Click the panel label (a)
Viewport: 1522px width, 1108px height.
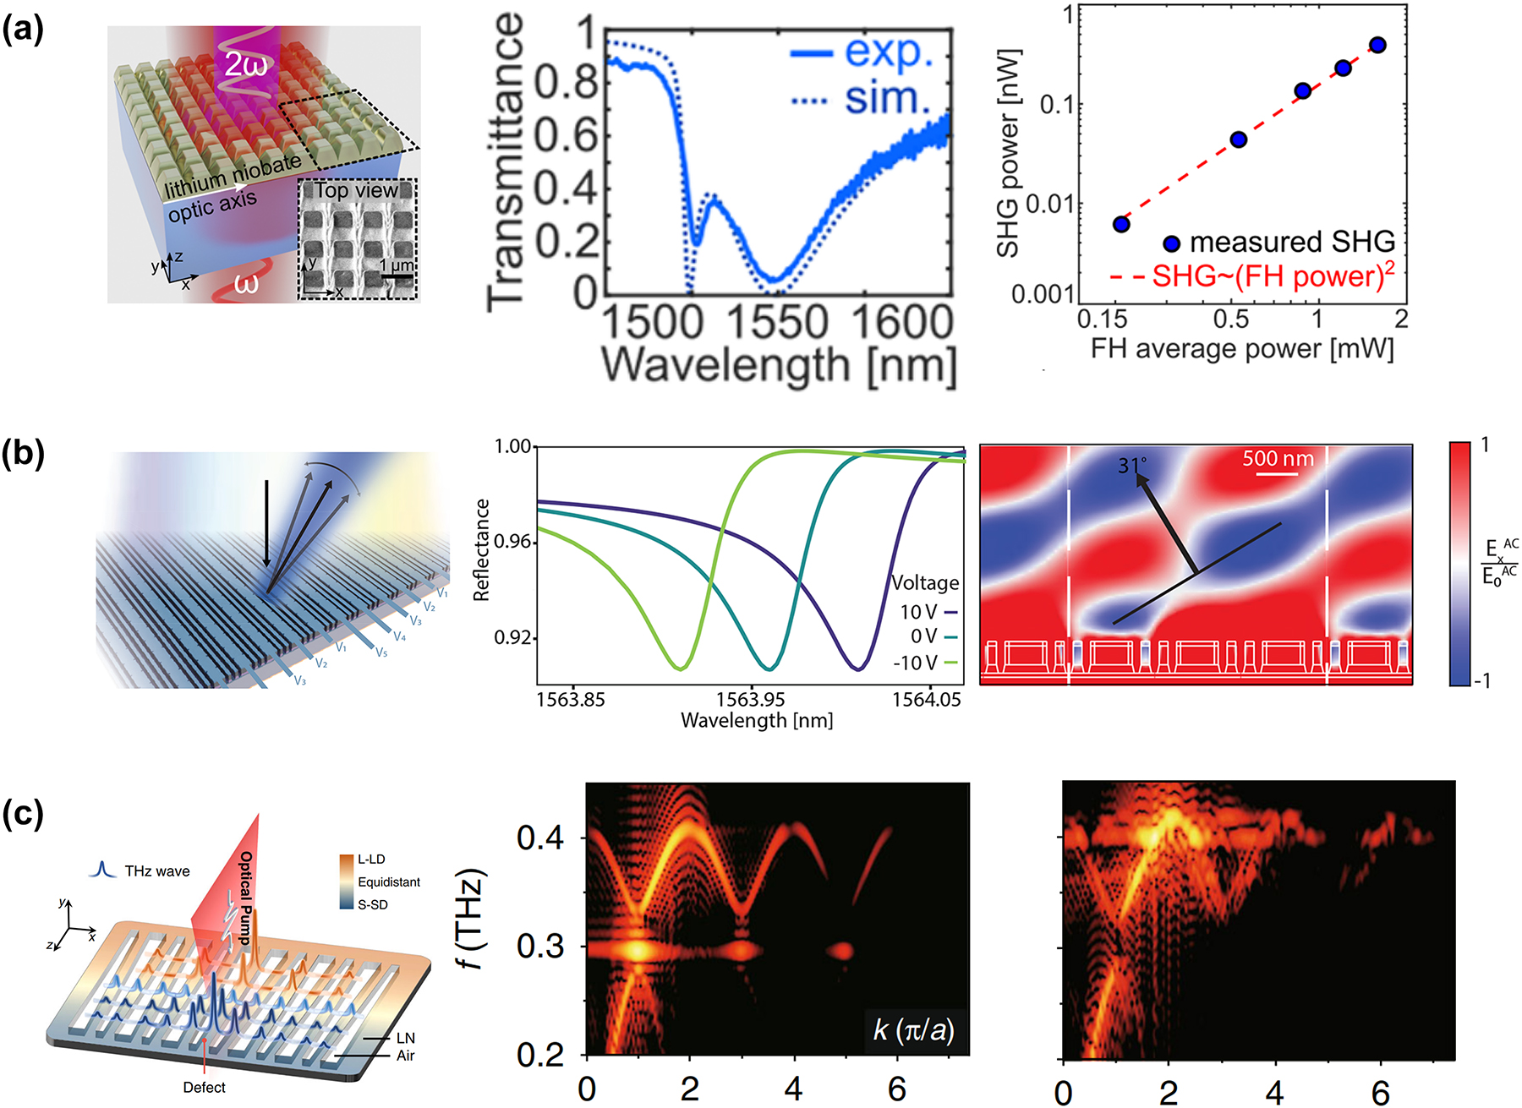[23, 30]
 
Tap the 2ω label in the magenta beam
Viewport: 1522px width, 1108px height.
[245, 64]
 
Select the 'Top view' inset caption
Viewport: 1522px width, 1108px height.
[356, 191]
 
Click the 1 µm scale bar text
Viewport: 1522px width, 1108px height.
[397, 265]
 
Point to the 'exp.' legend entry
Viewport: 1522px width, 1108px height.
[888, 52]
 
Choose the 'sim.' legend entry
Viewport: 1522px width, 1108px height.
[887, 100]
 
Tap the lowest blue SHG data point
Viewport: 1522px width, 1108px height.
[1121, 224]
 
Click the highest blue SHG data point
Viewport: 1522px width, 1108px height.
[1377, 45]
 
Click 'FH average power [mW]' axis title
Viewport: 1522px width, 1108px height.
[1241, 348]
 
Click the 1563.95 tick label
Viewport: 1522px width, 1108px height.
[751, 700]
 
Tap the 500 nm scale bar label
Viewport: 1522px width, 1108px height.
[1278, 459]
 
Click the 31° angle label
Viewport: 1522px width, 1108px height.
[1132, 465]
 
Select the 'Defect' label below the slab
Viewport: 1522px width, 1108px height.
[204, 1088]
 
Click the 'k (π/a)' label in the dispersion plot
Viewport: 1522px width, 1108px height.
[913, 1029]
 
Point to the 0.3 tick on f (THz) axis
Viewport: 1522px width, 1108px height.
[540, 947]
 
